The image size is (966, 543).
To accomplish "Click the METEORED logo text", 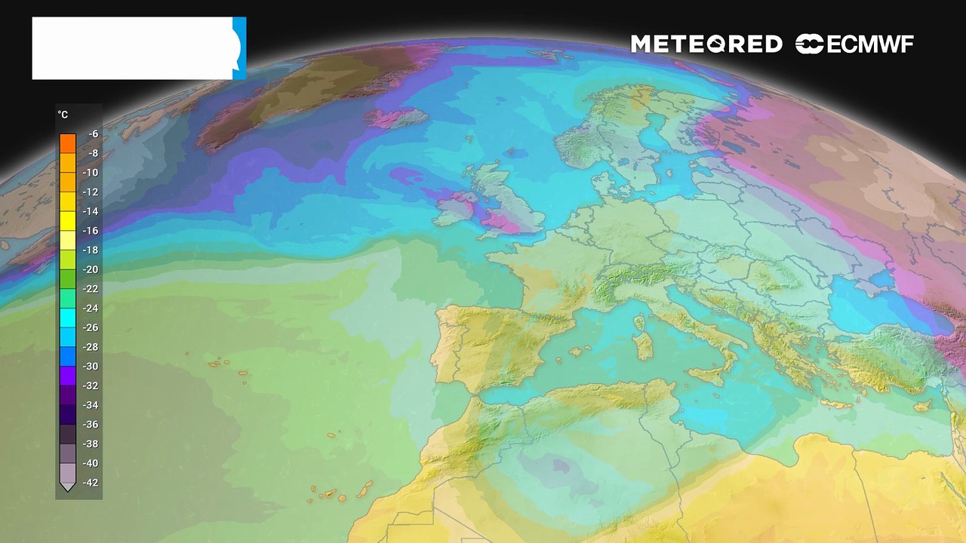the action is pyautogui.click(x=706, y=44).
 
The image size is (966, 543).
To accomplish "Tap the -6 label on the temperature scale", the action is pyautogui.click(x=93, y=134).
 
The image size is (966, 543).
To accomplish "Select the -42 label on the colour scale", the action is pyautogui.click(x=91, y=483).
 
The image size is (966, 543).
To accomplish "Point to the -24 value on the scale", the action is pyautogui.click(x=91, y=308).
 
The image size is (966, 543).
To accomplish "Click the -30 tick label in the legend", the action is pyautogui.click(x=91, y=367).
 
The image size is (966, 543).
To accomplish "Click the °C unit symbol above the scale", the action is pyautogui.click(x=63, y=115).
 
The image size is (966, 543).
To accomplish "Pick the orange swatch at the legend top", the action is pyautogui.click(x=68, y=142).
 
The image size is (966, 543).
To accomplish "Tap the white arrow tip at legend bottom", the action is pyautogui.click(x=67, y=487).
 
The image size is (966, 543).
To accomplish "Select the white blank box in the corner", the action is pyautogui.click(x=132, y=48).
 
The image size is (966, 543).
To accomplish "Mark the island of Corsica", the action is pyautogui.click(x=641, y=323).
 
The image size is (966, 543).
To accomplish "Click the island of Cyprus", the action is pyautogui.click(x=921, y=406).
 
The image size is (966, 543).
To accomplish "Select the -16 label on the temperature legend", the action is pyautogui.click(x=91, y=231).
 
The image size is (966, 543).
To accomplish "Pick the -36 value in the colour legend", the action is pyautogui.click(x=91, y=425).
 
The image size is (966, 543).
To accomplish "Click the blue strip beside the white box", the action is pyautogui.click(x=239, y=48).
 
